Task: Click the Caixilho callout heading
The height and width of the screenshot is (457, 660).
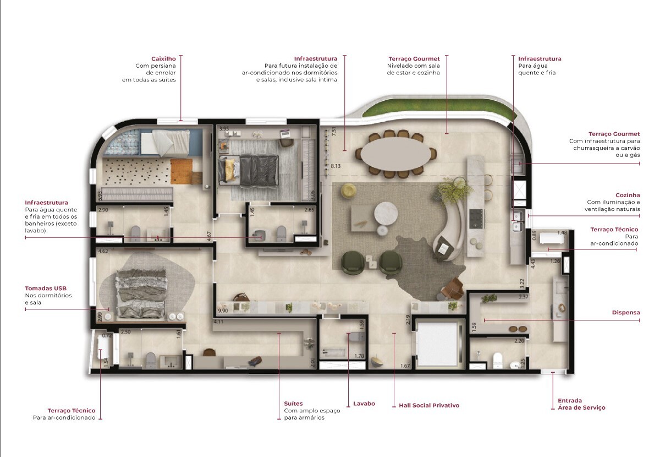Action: [x=163, y=58]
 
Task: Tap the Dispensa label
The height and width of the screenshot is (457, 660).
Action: [x=626, y=313]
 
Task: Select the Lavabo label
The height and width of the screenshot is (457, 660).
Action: [x=364, y=404]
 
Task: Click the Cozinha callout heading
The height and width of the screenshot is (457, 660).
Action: [x=628, y=195]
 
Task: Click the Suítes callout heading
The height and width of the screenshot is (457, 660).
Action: [x=293, y=404]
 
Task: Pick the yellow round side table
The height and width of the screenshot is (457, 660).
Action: [x=349, y=190]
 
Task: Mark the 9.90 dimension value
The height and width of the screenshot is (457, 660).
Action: [x=223, y=303]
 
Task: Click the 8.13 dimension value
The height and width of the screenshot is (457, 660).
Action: [x=335, y=165]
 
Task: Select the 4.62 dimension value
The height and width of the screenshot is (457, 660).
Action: [x=102, y=252]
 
